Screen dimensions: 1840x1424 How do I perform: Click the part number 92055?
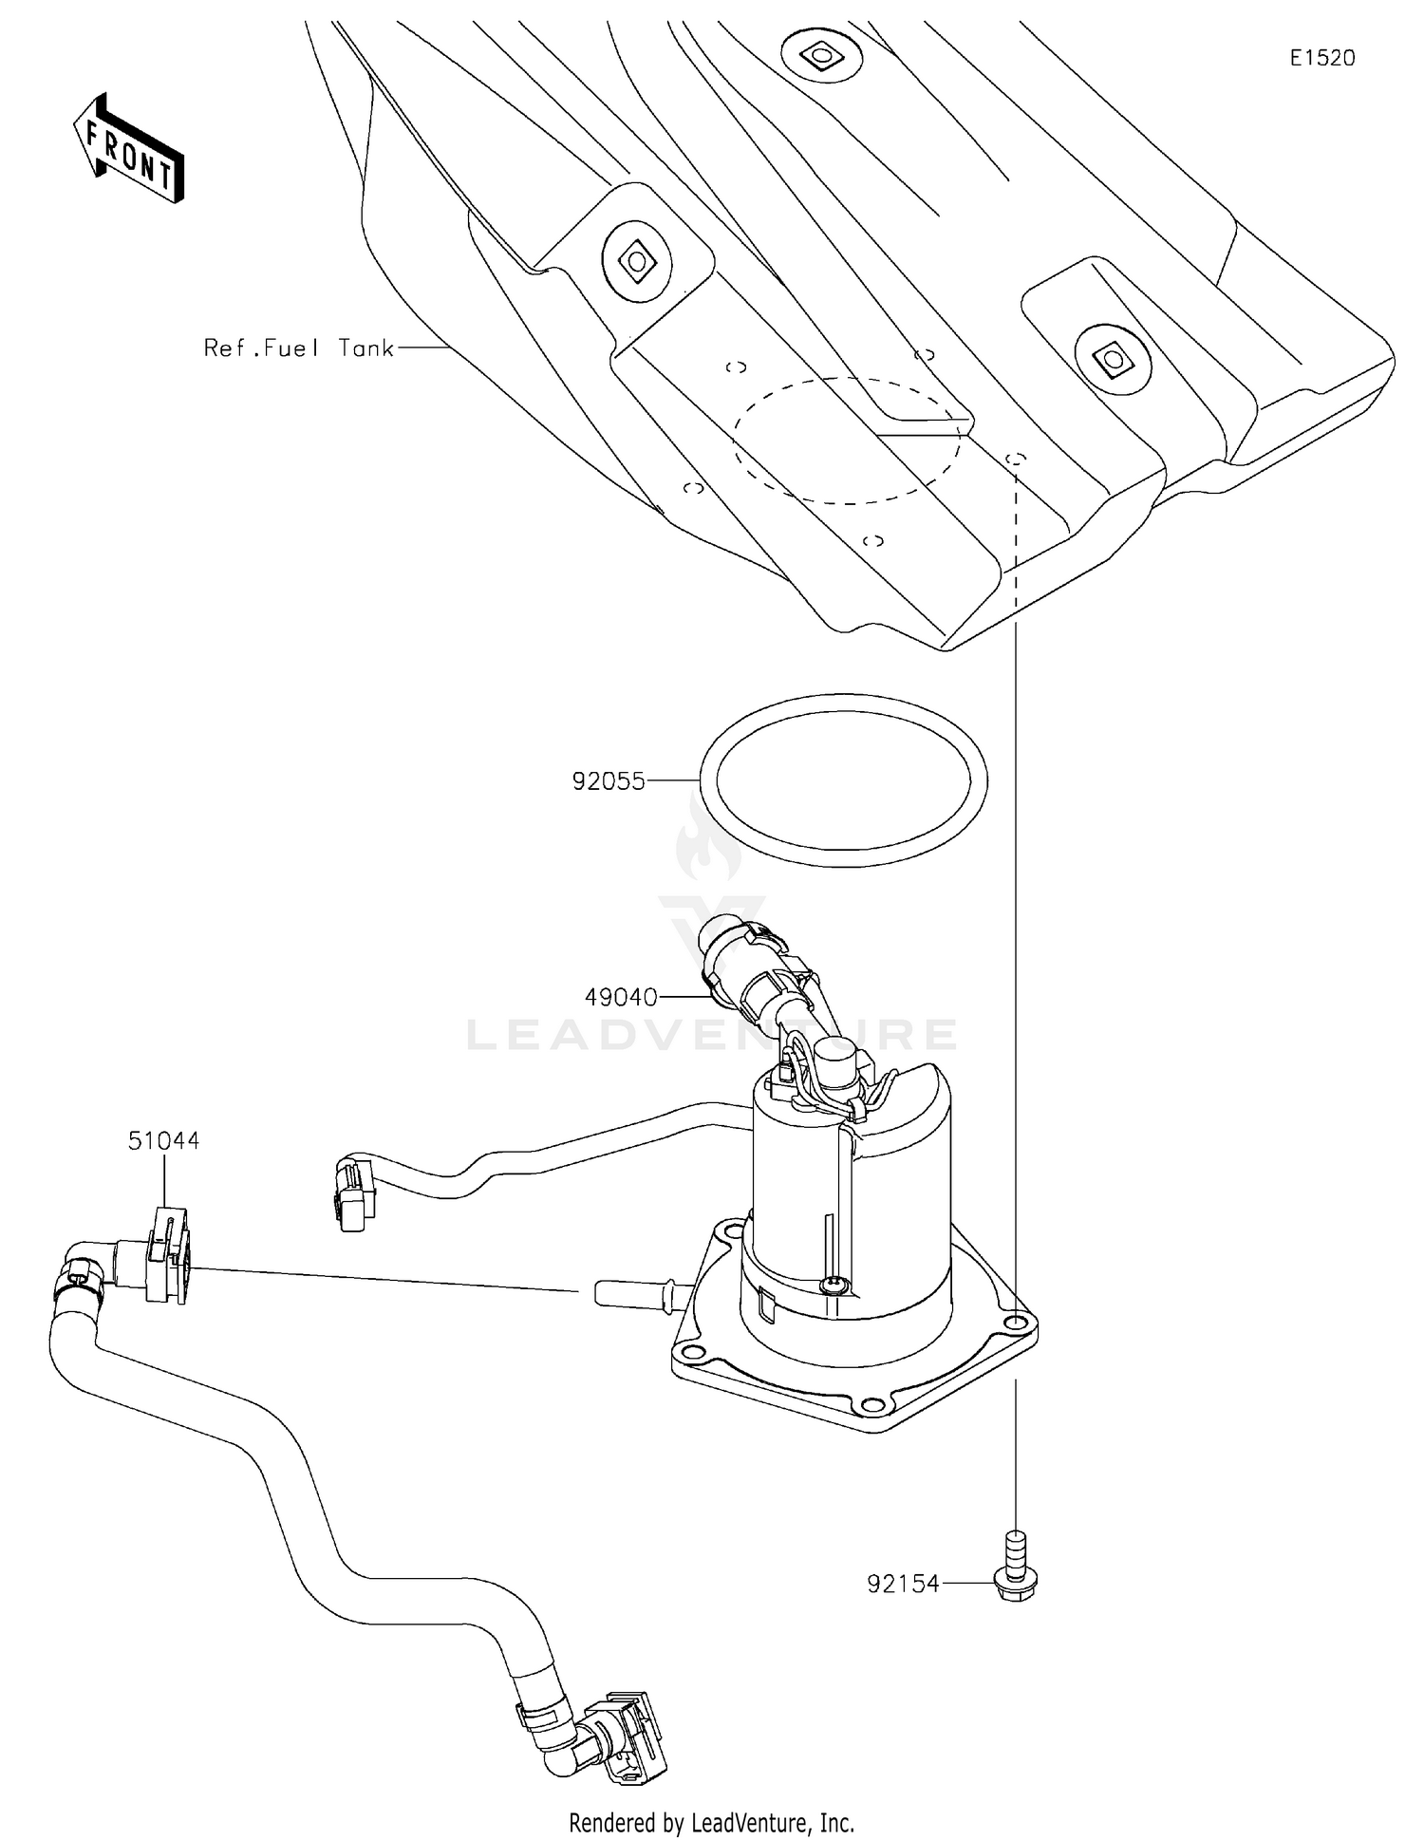point(608,781)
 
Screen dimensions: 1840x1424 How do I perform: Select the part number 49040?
point(621,997)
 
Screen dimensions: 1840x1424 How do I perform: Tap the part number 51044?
point(163,1140)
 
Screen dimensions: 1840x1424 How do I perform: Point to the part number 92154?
point(902,1584)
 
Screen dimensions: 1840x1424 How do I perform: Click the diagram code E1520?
point(1321,58)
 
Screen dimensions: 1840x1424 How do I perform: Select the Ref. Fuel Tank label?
point(299,348)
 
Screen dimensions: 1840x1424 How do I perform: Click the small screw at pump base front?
point(834,1285)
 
